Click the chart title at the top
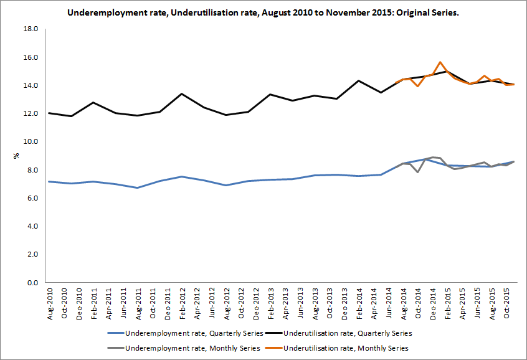point(263,12)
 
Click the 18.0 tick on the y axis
point(31,29)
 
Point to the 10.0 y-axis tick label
point(31,141)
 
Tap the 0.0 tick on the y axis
point(32,283)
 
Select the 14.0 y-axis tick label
point(31,85)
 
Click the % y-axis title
point(16,156)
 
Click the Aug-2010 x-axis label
point(50,304)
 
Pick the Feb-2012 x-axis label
point(181,304)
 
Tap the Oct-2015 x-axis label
point(506,304)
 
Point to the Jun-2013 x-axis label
point(300,304)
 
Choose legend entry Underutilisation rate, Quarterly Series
point(346,333)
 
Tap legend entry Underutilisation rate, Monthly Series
point(346,347)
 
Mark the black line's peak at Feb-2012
point(181,94)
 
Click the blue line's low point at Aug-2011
point(137,187)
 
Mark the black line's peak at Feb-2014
point(359,80)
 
